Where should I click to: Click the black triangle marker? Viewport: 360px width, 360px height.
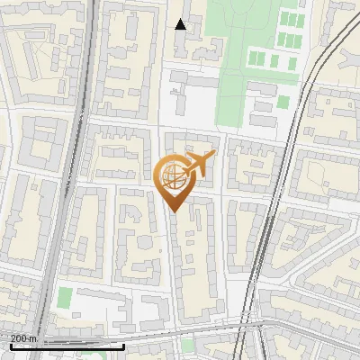181,24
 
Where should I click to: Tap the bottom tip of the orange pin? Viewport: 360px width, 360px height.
174,211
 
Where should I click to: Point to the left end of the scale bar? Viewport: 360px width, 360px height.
11,346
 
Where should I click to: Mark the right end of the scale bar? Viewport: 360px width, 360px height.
123,346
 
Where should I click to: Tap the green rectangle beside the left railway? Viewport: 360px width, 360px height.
65,298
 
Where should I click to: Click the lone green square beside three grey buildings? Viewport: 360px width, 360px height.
283,101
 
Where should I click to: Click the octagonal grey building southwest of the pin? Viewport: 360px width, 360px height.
125,215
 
